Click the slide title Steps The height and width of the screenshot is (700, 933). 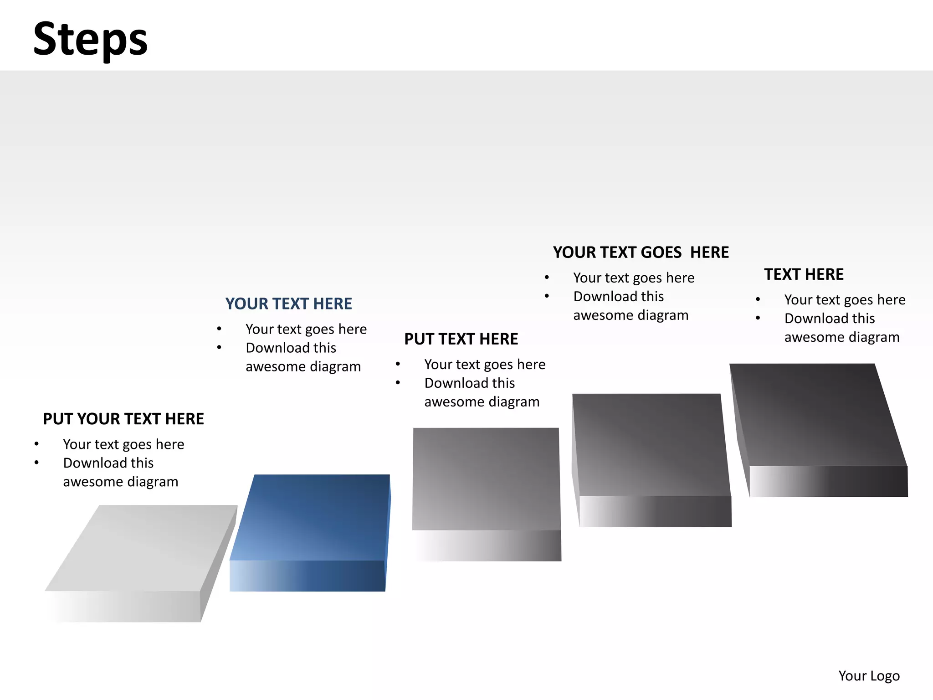point(90,40)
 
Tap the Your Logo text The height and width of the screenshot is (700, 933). point(869,675)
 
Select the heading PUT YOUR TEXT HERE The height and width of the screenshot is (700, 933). point(123,419)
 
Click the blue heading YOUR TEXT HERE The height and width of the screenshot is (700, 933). point(288,304)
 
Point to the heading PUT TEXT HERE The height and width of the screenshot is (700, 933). point(461,339)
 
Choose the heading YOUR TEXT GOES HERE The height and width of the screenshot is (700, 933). point(641,252)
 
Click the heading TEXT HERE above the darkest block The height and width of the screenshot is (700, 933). point(804,274)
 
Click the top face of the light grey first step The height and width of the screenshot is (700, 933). point(141,547)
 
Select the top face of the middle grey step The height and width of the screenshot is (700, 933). point(486,479)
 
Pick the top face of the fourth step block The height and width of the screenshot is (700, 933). point(651,444)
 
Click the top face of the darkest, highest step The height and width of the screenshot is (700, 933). point(815,415)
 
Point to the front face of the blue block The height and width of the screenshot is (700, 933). point(308,576)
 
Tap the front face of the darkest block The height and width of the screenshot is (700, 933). point(828,481)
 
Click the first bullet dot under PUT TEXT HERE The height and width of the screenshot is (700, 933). point(398,364)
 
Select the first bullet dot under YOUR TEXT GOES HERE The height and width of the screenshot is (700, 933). point(547,278)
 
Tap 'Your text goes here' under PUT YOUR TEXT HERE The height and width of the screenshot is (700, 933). point(123,444)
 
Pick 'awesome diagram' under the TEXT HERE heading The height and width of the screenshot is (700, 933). point(842,337)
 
